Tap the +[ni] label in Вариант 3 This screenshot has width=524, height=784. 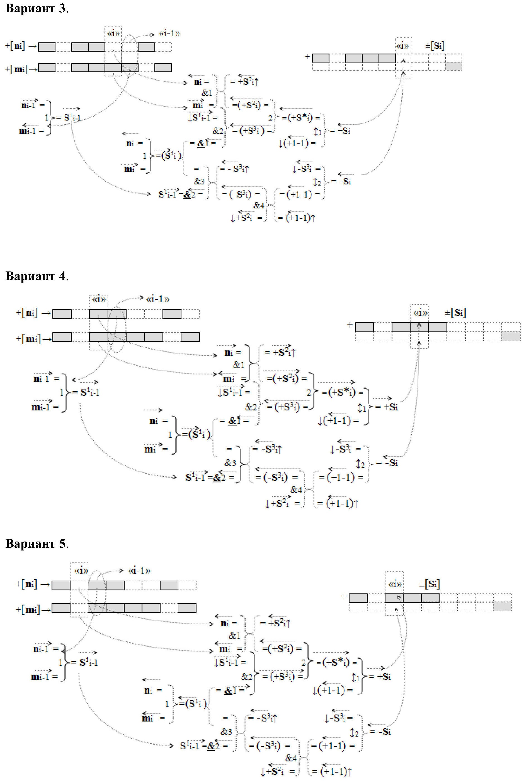[x=15, y=46]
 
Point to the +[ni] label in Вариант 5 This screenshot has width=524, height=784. [x=26, y=584]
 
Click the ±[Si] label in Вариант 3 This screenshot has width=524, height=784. [x=435, y=45]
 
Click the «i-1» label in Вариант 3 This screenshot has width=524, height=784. [x=169, y=34]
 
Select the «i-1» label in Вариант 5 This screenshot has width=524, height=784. [x=139, y=570]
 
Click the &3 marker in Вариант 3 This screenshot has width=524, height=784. [x=200, y=181]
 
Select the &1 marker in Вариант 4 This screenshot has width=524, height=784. [x=239, y=365]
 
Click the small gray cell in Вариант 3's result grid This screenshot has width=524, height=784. [x=453, y=66]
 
